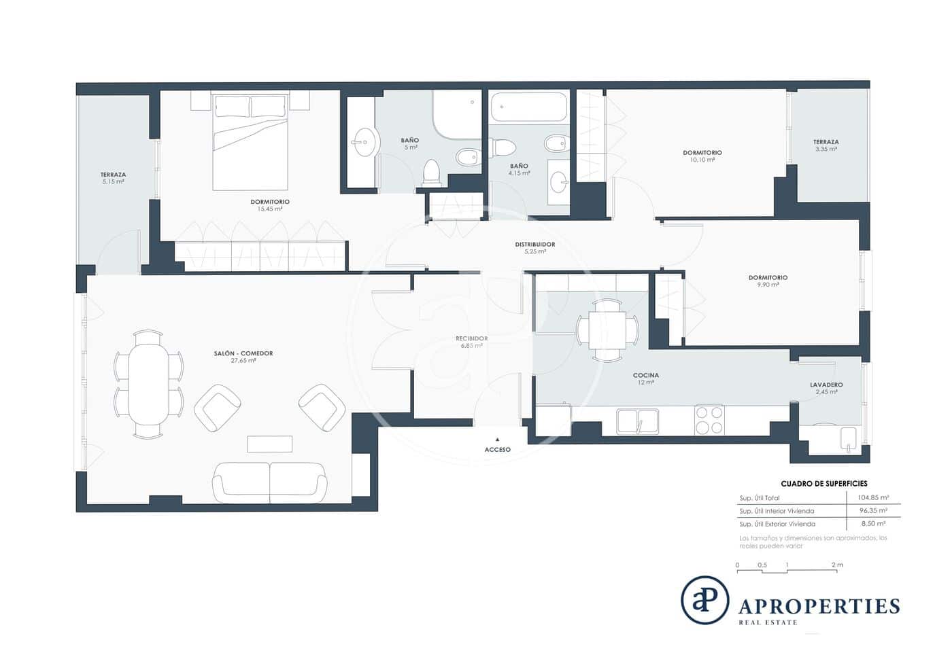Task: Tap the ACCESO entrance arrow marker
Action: pos(497,440)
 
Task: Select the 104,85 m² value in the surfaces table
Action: pos(872,497)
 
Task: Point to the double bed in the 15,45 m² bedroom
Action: pos(250,142)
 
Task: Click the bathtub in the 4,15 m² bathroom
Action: pos(528,107)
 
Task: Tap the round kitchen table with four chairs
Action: pos(607,330)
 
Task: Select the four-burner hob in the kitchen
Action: pos(709,419)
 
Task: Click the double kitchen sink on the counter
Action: pos(637,421)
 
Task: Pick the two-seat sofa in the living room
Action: pos(270,481)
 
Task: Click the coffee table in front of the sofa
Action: pos(269,444)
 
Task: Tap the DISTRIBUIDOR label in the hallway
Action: pos(534,245)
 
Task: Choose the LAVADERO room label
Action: pos(826,385)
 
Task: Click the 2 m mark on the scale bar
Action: pos(836,565)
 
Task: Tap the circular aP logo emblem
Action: pos(704,599)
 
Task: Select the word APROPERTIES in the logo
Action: pos(819,605)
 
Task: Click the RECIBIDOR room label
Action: pos(471,338)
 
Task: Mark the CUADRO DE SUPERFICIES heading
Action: pos(823,484)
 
